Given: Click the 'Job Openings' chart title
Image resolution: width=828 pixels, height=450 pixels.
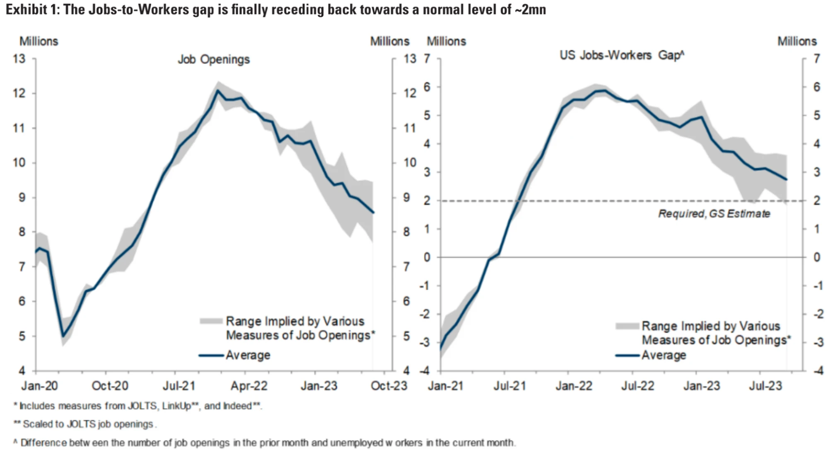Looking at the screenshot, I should coord(214,60).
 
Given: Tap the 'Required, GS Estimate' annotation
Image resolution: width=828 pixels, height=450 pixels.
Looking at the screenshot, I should coord(714,214).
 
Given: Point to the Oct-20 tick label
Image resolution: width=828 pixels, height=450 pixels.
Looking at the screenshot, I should coord(110,386).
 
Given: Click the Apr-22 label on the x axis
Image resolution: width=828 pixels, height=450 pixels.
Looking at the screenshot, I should coord(249,386).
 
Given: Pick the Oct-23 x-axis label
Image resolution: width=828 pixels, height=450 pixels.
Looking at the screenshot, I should coord(389,386).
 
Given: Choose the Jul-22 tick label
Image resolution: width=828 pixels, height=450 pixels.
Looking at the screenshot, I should coord(637,386).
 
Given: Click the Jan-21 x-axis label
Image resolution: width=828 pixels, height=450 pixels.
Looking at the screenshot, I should coord(446,386).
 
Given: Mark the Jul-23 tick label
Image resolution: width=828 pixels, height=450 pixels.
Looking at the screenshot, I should coord(765,386).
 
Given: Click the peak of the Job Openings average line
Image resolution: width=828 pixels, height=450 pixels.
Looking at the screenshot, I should coord(217,90).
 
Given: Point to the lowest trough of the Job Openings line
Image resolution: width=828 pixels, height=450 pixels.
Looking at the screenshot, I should coord(63,336).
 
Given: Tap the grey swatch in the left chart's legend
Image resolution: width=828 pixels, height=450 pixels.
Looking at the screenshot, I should coord(211,321).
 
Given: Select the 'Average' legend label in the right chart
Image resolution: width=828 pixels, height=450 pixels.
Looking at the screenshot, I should coord(664,356).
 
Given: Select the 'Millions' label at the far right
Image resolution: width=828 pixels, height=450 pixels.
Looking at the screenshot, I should coord(797,41).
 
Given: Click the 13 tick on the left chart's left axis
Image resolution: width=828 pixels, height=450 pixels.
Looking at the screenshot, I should coord(19,59).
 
